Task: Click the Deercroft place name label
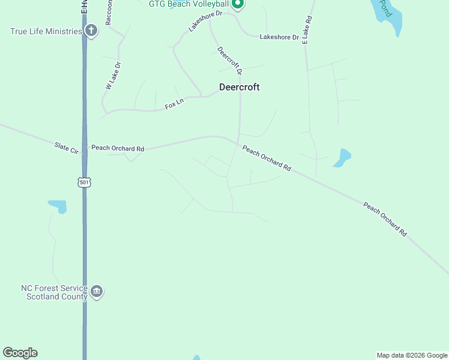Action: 239,87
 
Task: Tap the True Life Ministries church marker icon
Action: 91,31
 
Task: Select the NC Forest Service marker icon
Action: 96,292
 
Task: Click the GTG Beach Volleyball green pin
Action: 238,4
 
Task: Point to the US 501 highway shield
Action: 83,182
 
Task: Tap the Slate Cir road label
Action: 67,148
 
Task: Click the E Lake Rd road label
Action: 307,28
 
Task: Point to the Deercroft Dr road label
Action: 229,61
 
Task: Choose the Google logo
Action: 20,353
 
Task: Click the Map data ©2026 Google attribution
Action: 412,355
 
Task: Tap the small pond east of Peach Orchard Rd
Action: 342,157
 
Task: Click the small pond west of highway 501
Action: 58,206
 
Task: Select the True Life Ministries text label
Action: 46,31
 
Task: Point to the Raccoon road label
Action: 109,13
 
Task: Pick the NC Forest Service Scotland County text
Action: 54,292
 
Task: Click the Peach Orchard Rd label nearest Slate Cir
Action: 118,148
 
